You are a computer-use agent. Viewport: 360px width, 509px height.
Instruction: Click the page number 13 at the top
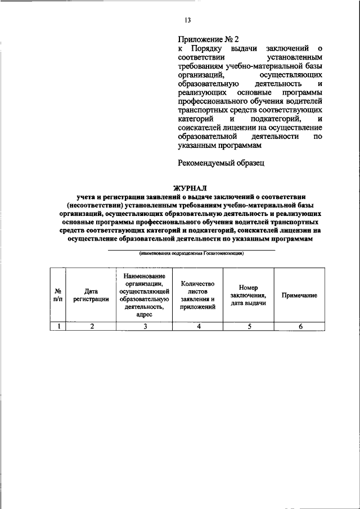187,20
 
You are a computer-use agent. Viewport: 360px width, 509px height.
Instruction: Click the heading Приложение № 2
208,39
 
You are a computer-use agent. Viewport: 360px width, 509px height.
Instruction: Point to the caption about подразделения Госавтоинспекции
191,254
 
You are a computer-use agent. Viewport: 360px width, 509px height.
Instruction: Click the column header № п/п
57,295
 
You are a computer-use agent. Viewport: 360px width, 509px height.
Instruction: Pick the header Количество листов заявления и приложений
199,295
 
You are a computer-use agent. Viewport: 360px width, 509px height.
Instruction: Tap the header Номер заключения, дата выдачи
248,295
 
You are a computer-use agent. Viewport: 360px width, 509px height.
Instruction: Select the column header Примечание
299,295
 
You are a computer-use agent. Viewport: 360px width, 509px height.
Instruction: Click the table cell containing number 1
57,326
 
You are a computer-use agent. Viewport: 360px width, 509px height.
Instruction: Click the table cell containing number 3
145,326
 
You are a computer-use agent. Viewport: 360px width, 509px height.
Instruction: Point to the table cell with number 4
199,326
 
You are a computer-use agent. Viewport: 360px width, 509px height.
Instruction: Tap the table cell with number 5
248,326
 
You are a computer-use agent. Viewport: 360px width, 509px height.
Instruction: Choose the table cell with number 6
300,326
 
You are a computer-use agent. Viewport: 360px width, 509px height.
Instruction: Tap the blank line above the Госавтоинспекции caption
191,249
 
